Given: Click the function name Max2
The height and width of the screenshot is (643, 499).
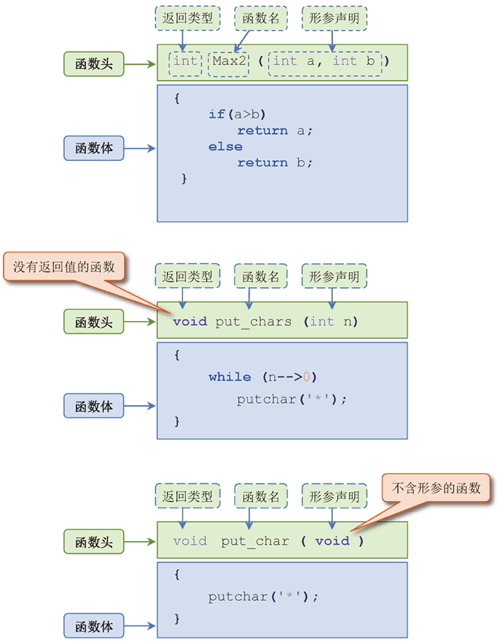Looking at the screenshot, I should pos(228,61).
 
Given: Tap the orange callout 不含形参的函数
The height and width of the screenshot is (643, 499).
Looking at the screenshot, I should pos(435,489).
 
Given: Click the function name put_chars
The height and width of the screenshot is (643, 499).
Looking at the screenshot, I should pos(253,322).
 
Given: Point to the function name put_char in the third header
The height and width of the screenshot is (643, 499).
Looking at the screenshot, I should pos(255,541).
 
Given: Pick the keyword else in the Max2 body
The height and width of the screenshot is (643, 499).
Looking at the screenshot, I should pos(225,147).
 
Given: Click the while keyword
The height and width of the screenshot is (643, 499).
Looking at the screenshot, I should pos(230,376).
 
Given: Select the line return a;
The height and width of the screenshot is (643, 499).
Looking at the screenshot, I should pos(274,130).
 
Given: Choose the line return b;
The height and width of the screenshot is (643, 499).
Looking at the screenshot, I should pos(274,162).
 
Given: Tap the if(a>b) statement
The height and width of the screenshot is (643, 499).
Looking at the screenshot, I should pos(237,114).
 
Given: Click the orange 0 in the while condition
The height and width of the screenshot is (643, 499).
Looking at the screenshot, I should pos(306,376).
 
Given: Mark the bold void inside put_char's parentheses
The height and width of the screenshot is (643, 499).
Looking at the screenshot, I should pos(333,541).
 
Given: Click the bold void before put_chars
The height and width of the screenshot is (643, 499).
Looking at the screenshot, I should pos(189,322).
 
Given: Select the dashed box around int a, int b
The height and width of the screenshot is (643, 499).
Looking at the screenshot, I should pos(328,61).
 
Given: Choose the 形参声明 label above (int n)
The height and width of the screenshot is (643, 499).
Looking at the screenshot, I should pos(333,277).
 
